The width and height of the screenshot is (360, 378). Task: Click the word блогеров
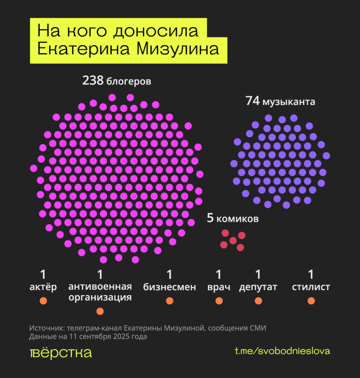128,82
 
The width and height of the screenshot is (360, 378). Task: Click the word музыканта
289,102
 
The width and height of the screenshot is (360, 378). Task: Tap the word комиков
237,219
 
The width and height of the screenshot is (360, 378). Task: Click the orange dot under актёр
43,301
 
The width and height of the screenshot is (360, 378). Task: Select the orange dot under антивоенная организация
100,311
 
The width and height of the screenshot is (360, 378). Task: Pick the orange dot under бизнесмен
169,301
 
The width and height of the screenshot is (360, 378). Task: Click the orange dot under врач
219,301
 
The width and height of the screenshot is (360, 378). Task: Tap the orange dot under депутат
258,301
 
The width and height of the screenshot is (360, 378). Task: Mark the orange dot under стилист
311,301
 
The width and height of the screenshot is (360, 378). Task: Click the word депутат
258,287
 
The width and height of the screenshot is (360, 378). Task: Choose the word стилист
311,287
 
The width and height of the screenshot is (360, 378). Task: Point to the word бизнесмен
169,287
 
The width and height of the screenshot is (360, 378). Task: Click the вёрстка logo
61,353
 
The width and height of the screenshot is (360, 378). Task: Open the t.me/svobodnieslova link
282,351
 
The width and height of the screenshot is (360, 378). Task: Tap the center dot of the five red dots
233,240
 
